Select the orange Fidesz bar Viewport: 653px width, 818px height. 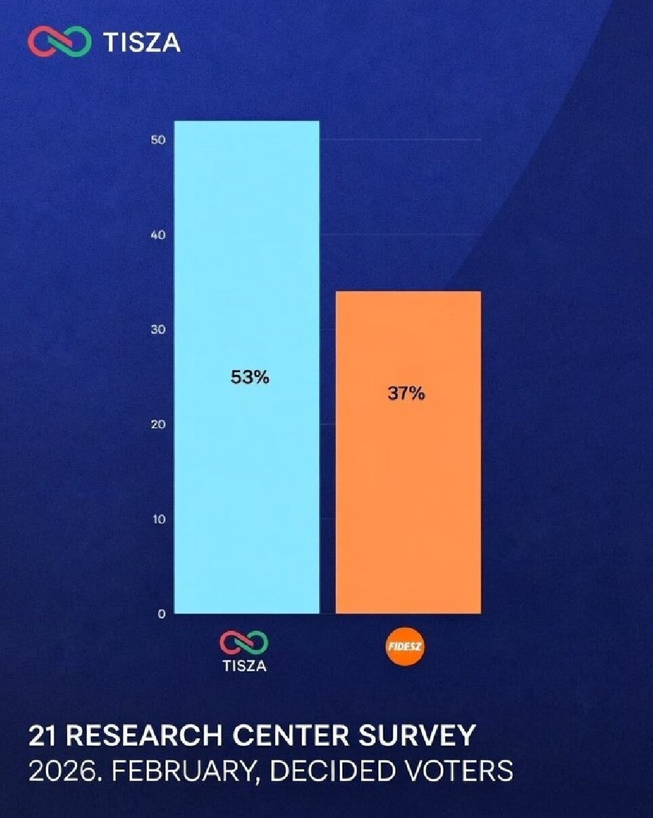(x=408, y=488)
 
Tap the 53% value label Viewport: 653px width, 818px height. (x=250, y=377)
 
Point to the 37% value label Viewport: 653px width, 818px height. (x=406, y=394)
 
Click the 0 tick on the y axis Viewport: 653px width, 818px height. (x=161, y=615)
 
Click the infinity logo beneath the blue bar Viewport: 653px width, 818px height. (x=244, y=641)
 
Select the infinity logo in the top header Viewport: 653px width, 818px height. (x=59, y=42)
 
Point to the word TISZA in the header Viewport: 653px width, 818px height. (x=142, y=42)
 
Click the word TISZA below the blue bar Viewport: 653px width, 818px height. (x=245, y=666)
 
